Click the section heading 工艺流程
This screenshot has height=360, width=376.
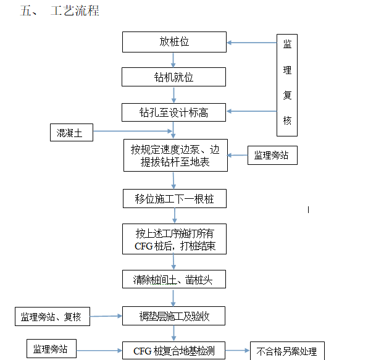pos(74,11)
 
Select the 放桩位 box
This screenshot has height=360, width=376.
pos(173,42)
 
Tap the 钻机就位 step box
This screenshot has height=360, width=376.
pos(173,77)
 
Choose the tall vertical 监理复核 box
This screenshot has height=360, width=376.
pos(286,84)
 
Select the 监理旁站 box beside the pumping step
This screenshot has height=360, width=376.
pos(272,156)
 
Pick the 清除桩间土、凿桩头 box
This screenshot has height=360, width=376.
pos(173,279)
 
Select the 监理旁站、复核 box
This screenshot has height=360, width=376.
pos(52,317)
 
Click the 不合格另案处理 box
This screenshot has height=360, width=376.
pos(286,351)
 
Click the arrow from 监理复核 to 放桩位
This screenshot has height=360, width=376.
pos(251,43)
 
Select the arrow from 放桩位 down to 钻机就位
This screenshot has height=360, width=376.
pos(173,60)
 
